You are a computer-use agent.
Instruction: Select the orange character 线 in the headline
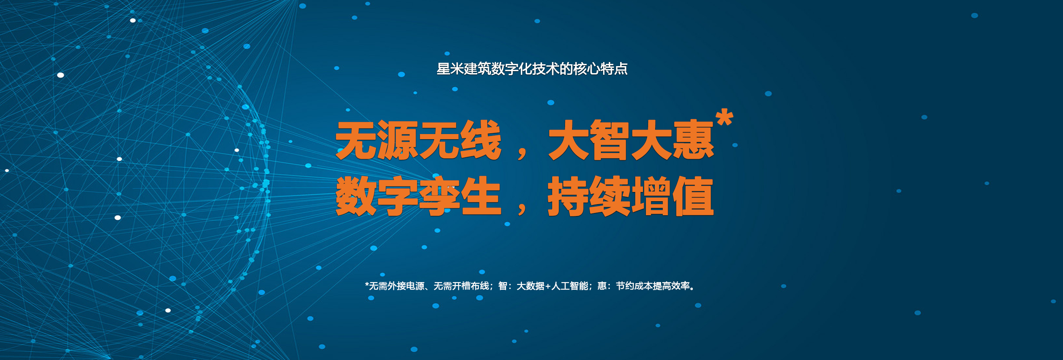pos(481,140)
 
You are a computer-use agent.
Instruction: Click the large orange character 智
pos(610,140)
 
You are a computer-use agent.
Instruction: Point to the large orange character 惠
pos(694,140)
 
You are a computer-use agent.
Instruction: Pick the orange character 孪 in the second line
pos(440,196)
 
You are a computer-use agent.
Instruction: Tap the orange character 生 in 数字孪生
pos(481,196)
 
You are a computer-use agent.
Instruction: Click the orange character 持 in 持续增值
pos(569,196)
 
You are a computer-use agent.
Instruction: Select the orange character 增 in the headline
pos(652,196)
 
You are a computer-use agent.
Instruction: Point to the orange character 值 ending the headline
pos(694,196)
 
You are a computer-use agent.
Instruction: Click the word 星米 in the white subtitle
pos(450,69)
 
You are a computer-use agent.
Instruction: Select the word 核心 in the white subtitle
pos(586,69)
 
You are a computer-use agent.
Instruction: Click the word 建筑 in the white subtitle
pos(478,69)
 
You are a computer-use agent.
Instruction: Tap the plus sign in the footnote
pos(548,286)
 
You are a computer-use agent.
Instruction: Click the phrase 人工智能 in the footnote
pos(570,286)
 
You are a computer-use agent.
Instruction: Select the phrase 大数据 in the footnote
pos(531,286)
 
